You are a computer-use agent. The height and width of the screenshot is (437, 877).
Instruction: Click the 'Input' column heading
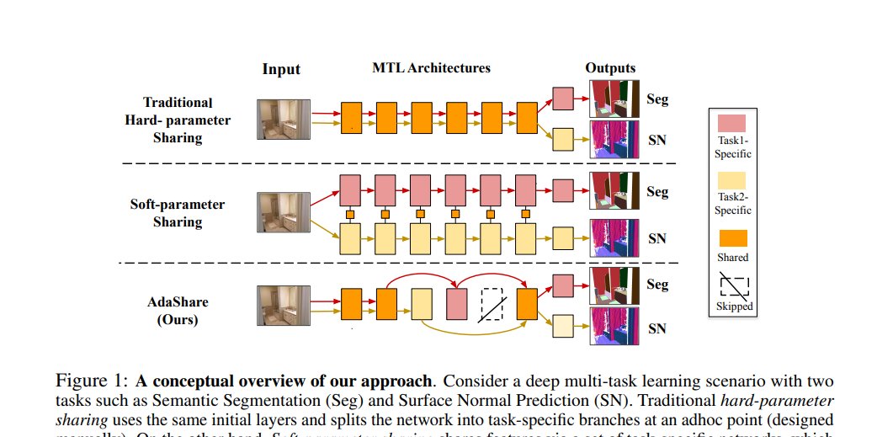(281, 69)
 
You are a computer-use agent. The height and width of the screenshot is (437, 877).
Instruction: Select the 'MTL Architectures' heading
(432, 67)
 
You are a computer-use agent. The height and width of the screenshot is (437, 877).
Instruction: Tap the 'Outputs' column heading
(610, 68)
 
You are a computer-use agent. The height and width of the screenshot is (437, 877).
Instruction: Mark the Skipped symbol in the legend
(731, 285)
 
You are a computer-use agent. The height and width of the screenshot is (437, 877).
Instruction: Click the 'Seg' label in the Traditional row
(657, 99)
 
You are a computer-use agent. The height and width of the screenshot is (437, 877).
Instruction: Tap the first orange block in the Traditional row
(351, 114)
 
